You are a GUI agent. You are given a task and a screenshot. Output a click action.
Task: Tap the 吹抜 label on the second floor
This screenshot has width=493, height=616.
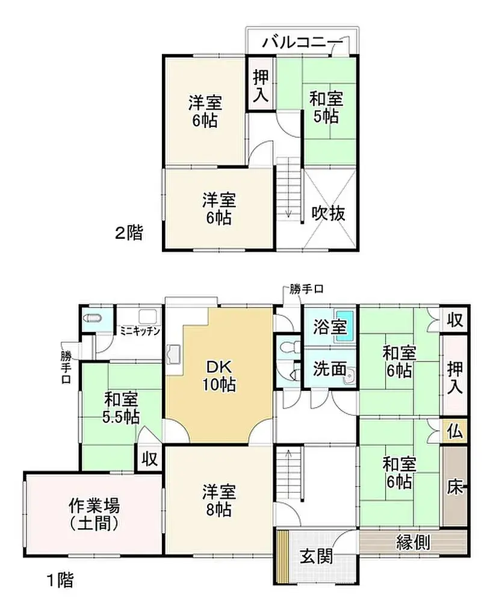[329, 212]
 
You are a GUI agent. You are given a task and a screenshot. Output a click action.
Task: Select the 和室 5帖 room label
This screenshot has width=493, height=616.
[326, 106]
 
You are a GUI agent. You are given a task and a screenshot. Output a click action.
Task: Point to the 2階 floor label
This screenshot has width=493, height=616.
[129, 233]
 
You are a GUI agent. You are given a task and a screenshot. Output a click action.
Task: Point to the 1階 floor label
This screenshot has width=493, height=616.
[60, 581]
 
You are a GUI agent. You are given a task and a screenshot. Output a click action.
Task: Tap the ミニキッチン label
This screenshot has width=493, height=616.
[139, 330]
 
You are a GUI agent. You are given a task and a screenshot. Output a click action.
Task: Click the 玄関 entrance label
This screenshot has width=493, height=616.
[316, 557]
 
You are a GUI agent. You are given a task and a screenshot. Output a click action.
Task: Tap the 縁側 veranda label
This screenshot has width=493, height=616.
[413, 543]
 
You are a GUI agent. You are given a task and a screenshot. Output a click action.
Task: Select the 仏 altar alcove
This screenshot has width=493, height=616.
[454, 431]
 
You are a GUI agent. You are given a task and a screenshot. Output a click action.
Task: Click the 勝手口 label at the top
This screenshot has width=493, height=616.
[306, 289]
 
